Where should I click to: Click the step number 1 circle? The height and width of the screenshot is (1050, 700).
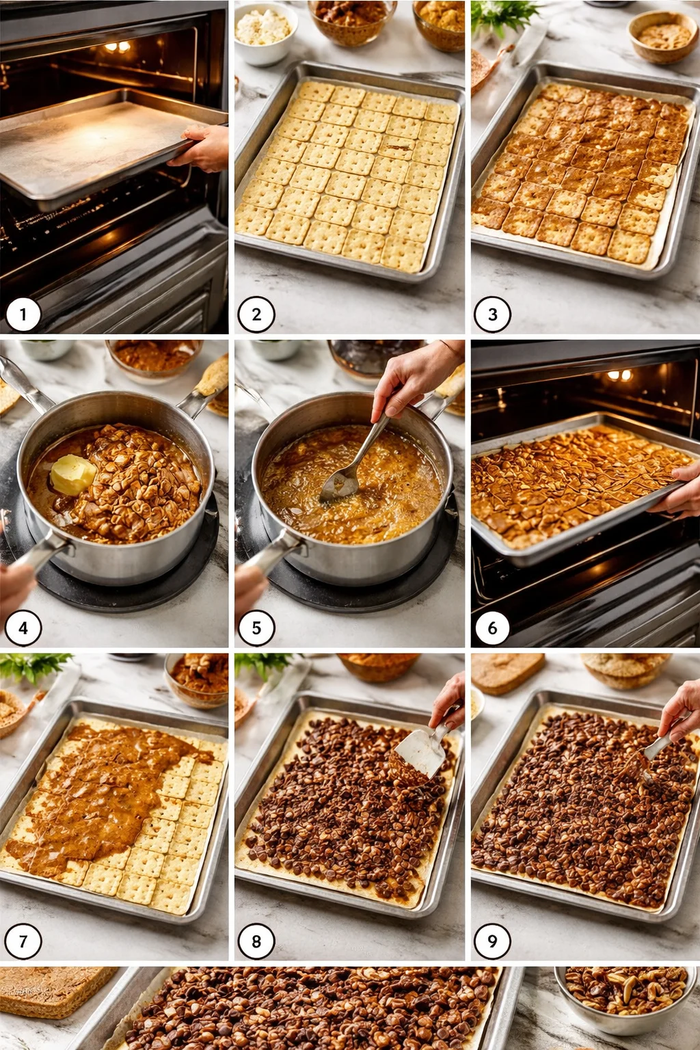[x=23, y=314]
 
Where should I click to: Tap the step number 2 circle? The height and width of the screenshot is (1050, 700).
[x=256, y=314]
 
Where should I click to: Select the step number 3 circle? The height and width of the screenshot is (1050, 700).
[x=492, y=314]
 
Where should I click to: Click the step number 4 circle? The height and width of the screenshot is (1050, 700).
[x=23, y=628]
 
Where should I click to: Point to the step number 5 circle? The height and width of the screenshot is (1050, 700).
[x=256, y=628]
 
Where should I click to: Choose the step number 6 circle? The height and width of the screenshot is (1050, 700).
[x=491, y=628]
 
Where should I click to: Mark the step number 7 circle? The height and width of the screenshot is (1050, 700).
[x=23, y=941]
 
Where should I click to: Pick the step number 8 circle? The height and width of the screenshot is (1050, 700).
[x=256, y=941]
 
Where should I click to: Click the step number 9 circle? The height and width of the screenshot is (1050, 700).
[x=492, y=941]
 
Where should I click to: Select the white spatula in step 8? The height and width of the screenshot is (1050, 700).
[x=419, y=752]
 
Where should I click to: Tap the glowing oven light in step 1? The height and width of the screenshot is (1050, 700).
[x=117, y=46]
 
